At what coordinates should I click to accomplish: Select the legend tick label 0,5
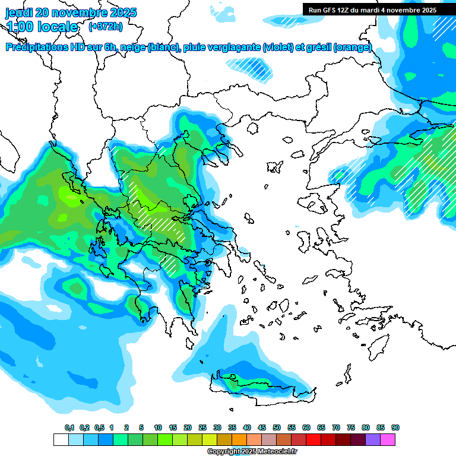pos(99,427)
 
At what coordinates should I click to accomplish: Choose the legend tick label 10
pos(157,427)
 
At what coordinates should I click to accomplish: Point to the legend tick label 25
pos(202,427)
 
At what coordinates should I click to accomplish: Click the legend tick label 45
pos(262,427)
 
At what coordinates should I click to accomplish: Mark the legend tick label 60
pos(306,427)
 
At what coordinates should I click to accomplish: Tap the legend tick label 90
pos(395,427)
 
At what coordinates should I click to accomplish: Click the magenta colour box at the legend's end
pos(388,439)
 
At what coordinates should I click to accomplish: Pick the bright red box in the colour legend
pos(313,439)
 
